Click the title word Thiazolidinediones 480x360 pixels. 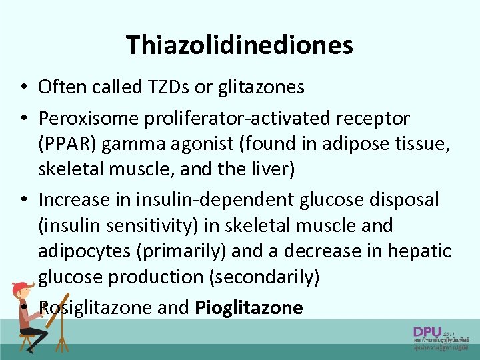pos(239,45)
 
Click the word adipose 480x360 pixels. pos(351,144)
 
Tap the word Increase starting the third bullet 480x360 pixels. pos(73,199)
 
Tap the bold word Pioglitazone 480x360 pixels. pos(249,307)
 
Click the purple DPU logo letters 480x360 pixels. pos(427,331)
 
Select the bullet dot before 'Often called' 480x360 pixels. pos(23,87)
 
